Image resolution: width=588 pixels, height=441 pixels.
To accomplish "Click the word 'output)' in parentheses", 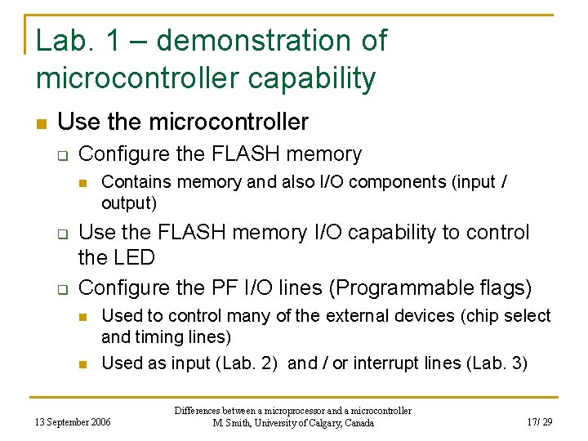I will click(x=129, y=202).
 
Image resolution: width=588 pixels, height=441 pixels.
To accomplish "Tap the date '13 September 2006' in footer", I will click(x=72, y=421).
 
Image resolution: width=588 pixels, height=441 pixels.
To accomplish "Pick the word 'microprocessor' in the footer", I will click(x=310, y=411).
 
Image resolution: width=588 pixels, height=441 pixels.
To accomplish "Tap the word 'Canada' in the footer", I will click(x=358, y=423).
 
